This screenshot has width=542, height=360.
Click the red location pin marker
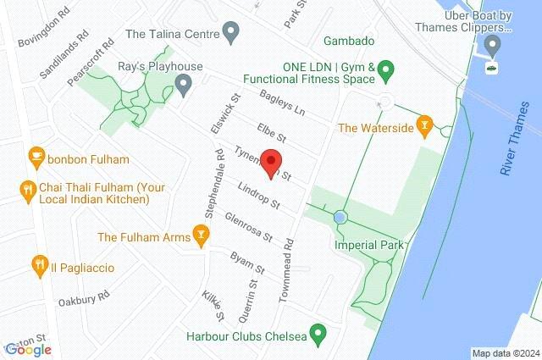[271, 159]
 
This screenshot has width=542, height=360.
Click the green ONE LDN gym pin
[386, 67]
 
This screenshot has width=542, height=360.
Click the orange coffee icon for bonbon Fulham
[36, 155]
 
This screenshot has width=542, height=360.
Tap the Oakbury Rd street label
[84, 298]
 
